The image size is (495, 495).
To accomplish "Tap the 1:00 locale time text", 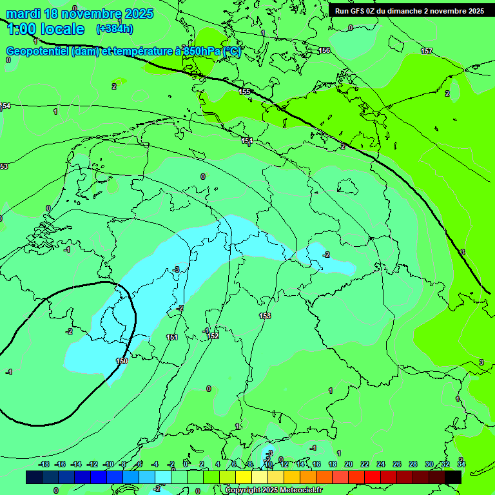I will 45,29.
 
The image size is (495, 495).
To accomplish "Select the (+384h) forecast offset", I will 114,29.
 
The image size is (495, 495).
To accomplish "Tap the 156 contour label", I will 324,50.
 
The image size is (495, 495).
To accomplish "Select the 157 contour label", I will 427,51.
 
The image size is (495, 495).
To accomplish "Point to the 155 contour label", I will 244,92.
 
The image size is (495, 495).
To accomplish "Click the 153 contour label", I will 265,316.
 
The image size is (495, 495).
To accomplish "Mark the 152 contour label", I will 213,336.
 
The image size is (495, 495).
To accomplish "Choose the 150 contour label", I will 122,362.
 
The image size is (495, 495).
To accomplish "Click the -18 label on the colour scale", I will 44,464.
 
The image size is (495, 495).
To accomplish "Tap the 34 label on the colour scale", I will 461,464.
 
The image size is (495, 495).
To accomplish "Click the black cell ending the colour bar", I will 453,477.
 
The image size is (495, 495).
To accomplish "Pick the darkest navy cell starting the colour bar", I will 34,477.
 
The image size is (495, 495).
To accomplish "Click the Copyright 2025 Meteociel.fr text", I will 273,490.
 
